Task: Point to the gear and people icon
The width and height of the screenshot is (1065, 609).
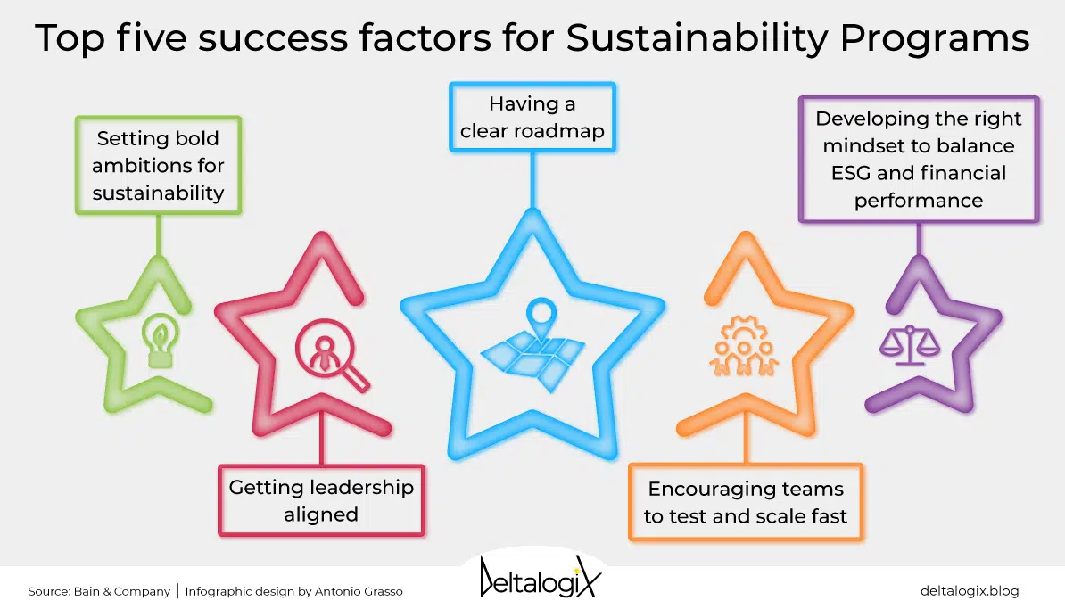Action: tap(745, 346)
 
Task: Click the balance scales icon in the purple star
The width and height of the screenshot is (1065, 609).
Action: tap(910, 345)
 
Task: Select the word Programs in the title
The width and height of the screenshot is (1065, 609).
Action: tap(935, 38)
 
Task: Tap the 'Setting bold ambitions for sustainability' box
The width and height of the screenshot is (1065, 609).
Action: tap(158, 166)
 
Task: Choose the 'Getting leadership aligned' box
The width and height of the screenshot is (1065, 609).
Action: tap(321, 500)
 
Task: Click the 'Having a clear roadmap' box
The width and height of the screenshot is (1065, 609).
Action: tap(532, 117)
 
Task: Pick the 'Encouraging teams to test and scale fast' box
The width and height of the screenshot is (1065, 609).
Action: tap(746, 502)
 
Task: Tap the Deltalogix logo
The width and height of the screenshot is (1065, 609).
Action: tap(540, 578)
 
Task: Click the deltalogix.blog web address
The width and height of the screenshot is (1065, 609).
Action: tap(970, 590)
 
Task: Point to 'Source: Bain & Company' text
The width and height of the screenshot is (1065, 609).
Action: tap(99, 591)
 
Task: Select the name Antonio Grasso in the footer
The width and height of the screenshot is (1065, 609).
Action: tap(359, 591)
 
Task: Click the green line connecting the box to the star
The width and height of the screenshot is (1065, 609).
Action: tap(158, 235)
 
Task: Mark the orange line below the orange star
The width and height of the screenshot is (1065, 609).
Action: tap(746, 439)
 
